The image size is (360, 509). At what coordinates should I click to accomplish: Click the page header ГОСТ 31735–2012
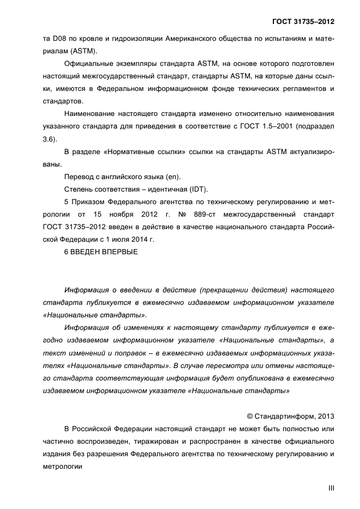click(303, 21)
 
